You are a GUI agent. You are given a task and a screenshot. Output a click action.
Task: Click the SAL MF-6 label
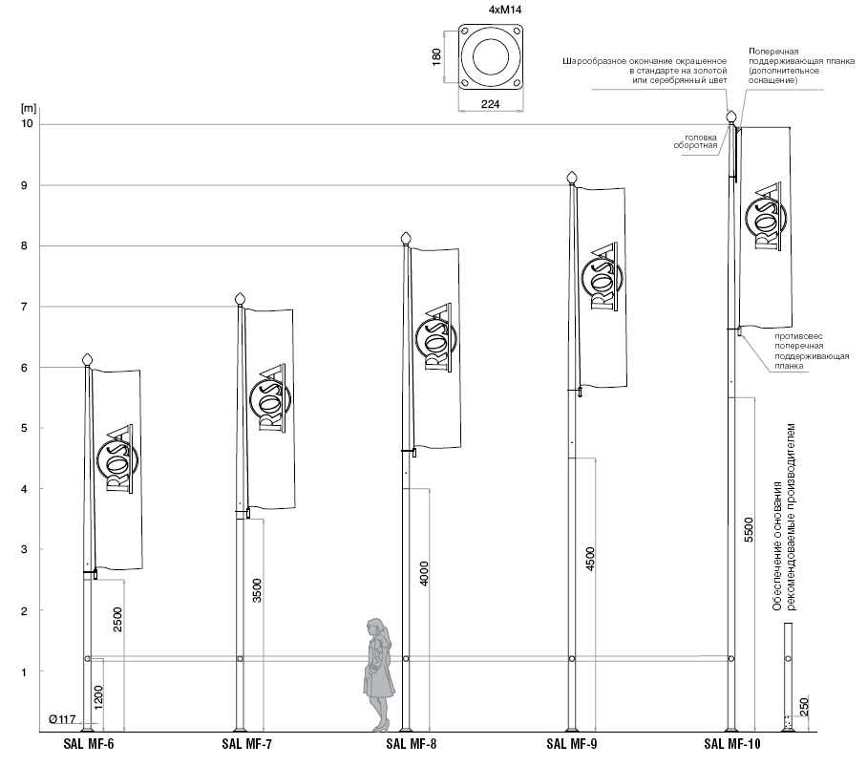[88, 744]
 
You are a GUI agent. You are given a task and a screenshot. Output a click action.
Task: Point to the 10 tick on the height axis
[27, 124]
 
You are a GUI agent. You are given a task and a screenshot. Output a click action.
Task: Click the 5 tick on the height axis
[29, 429]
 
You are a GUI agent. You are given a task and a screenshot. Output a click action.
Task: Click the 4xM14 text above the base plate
[491, 11]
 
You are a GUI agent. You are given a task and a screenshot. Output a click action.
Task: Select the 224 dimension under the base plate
[491, 104]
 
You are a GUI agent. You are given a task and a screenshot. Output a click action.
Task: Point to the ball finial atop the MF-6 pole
[88, 359]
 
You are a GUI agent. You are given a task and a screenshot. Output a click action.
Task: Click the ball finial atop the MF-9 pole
[573, 177]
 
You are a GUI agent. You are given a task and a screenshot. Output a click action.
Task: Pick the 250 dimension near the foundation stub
[804, 707]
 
